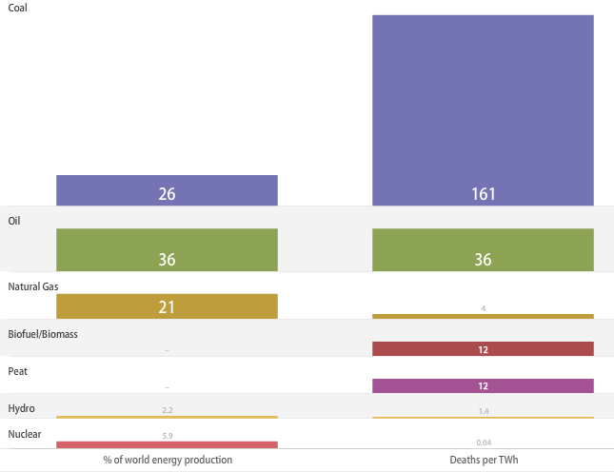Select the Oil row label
(14, 220)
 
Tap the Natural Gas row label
(33, 285)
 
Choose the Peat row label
(17, 371)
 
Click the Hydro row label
(21, 408)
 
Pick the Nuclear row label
(25, 434)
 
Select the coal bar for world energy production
(167, 189)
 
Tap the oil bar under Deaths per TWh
(483, 249)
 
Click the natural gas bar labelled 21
(167, 305)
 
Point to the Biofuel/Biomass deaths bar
(483, 349)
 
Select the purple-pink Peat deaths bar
(483, 385)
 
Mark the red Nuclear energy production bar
(167, 444)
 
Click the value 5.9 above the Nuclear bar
(167, 436)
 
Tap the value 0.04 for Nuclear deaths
(483, 442)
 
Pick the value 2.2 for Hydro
(167, 410)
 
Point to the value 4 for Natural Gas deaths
(483, 308)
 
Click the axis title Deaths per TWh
(484, 460)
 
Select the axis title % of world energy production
(168, 460)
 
